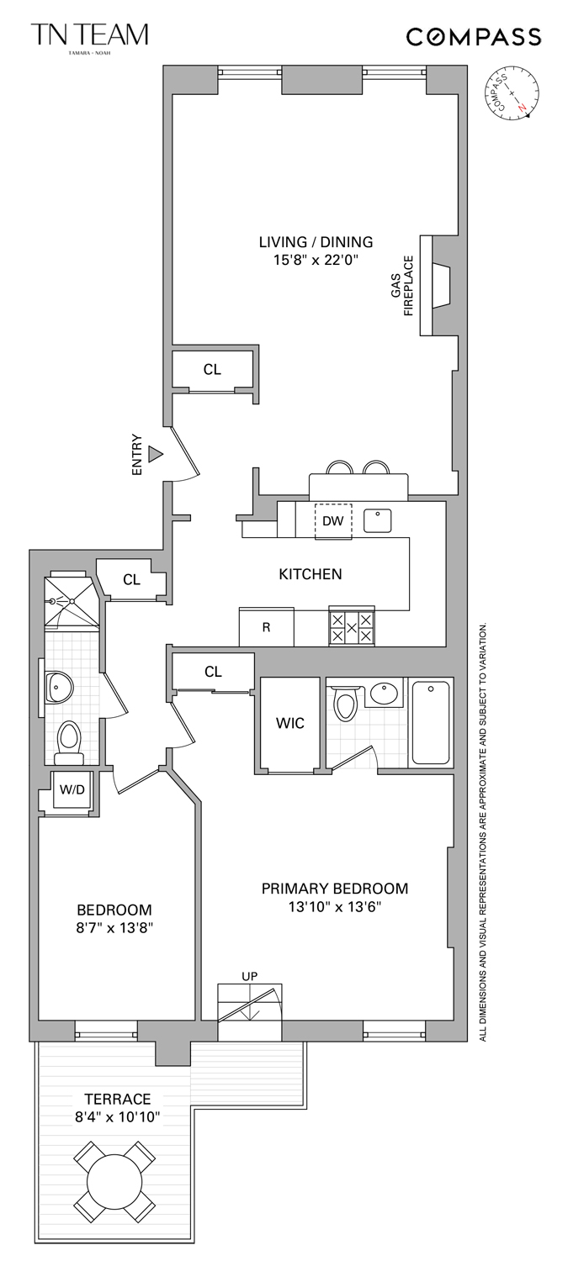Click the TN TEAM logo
click(89, 36)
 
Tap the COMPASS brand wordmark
click(474, 37)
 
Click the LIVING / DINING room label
click(316, 242)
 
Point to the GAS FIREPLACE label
click(402, 287)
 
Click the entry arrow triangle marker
click(155, 454)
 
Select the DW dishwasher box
click(333, 521)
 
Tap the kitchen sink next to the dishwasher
click(378, 520)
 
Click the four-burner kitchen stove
click(351, 626)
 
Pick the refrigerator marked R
click(266, 627)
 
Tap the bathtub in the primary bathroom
click(430, 722)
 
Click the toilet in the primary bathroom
click(346, 704)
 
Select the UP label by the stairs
click(250, 975)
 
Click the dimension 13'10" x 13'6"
click(334, 907)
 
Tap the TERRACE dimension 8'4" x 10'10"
click(117, 1116)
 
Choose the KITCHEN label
click(311, 574)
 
